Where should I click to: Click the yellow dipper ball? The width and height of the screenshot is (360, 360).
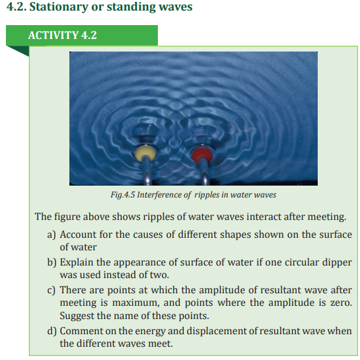pyautogui.click(x=145, y=153)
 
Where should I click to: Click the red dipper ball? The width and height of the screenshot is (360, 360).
pyautogui.click(x=202, y=154)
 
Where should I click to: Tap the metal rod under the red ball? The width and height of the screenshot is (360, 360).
pyautogui.click(x=205, y=172)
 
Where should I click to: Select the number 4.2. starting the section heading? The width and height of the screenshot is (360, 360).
pyautogui.click(x=17, y=7)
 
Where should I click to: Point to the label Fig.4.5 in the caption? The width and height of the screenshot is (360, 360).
pyautogui.click(x=123, y=195)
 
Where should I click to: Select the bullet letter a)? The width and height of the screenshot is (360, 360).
pyautogui.click(x=52, y=234)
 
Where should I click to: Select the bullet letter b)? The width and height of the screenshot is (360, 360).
pyautogui.click(x=52, y=262)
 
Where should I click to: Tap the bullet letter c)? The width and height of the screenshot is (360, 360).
pyautogui.click(x=52, y=290)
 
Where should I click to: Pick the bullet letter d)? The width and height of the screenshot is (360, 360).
pyautogui.click(x=52, y=331)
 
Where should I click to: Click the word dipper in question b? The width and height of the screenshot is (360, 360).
pyautogui.click(x=337, y=263)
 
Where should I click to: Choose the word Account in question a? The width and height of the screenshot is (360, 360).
pyautogui.click(x=78, y=234)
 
